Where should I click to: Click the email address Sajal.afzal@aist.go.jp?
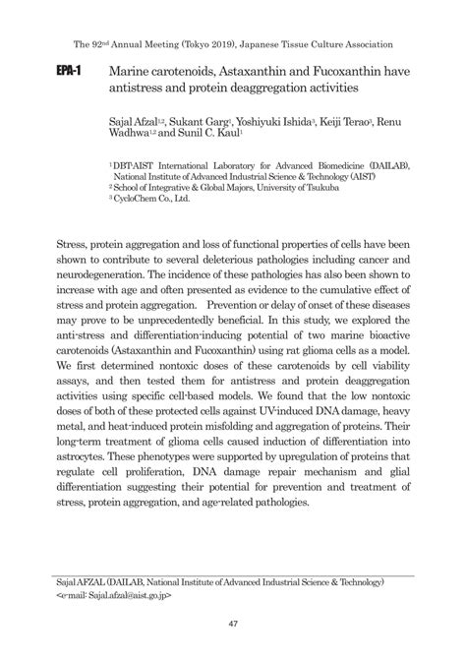126,596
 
